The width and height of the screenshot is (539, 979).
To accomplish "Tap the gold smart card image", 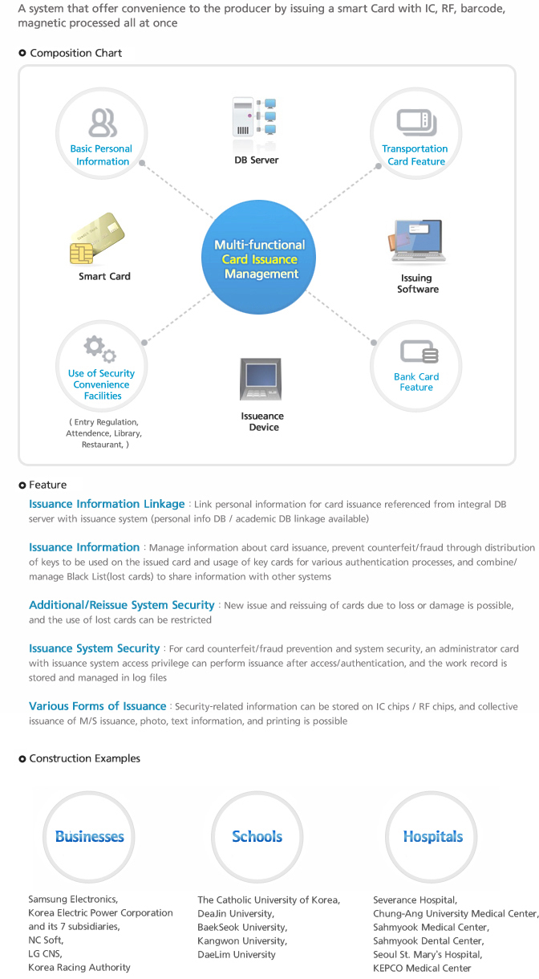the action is point(97,238).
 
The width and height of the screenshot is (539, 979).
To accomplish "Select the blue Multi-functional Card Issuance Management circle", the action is point(258,257).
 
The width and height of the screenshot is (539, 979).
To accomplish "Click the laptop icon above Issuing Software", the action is point(417,242).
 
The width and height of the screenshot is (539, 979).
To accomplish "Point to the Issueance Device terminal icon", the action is point(261,379).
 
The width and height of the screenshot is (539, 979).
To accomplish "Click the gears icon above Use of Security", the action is point(100,349).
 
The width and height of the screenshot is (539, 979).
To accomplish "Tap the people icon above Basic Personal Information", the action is point(103,123).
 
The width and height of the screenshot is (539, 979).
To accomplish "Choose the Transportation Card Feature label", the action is point(415,155).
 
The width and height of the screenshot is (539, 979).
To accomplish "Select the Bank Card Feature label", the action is point(416,382).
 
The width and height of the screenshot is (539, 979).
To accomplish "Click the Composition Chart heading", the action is point(75,53).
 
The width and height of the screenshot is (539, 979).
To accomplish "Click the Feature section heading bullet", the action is point(22,485).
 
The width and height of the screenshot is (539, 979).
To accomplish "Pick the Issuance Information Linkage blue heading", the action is point(107,504).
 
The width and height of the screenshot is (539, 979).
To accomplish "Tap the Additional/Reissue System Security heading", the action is point(121,605).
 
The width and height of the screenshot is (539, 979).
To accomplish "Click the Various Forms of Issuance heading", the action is point(97,706).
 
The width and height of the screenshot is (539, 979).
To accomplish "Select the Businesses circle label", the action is point(90,836).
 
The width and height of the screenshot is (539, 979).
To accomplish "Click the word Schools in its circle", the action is point(257,836).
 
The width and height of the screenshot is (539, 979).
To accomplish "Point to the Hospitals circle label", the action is point(433,836).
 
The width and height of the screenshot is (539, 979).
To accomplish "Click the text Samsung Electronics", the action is point(72,899).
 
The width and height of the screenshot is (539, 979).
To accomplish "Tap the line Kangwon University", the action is point(241,940).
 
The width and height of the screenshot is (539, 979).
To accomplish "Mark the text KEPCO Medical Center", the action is point(422,968).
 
